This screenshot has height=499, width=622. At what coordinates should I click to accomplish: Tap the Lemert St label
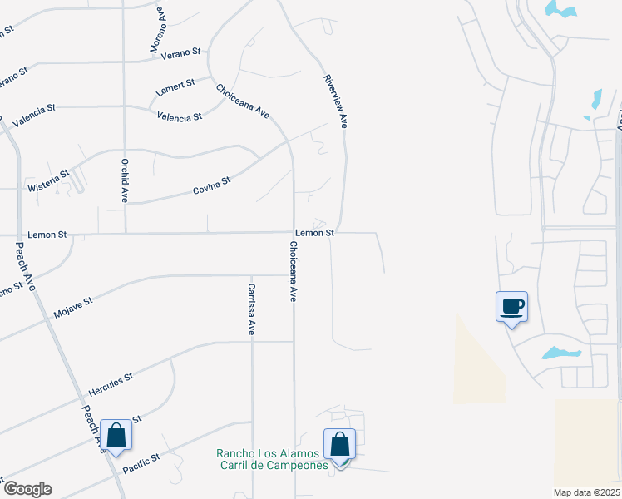pyautogui.click(x=175, y=84)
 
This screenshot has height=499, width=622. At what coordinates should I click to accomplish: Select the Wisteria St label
pyautogui.click(x=47, y=178)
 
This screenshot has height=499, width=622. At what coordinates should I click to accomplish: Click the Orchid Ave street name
pyautogui.click(x=125, y=180)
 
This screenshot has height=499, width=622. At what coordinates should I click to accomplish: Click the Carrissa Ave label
pyautogui.click(x=250, y=309)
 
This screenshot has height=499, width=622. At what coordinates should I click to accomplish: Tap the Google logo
pyautogui.click(x=27, y=489)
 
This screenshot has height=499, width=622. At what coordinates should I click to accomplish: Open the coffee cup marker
pyautogui.click(x=511, y=307)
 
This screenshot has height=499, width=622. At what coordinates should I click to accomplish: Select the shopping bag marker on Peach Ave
pyautogui.click(x=116, y=435)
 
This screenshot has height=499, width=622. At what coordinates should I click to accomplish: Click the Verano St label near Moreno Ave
pyautogui.click(x=183, y=52)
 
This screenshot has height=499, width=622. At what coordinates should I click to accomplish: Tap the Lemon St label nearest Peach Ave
pyautogui.click(x=47, y=235)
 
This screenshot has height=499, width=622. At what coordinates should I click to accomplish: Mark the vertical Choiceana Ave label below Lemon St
pyautogui.click(x=293, y=271)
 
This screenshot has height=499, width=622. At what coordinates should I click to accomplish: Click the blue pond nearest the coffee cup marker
pyautogui.click(x=561, y=353)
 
